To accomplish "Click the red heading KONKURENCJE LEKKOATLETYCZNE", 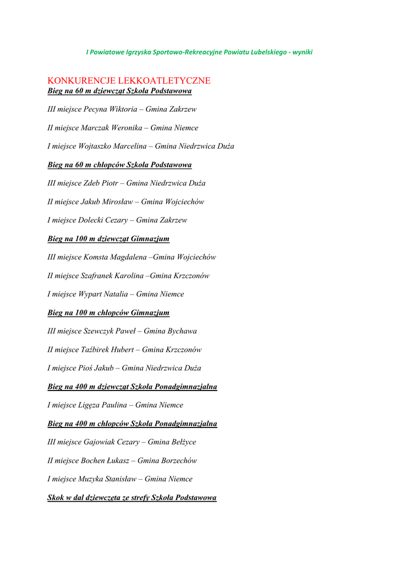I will [x=129, y=80].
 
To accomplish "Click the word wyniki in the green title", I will [x=302, y=52].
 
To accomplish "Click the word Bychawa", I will [x=178, y=331].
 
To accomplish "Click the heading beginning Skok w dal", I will [x=132, y=497].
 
